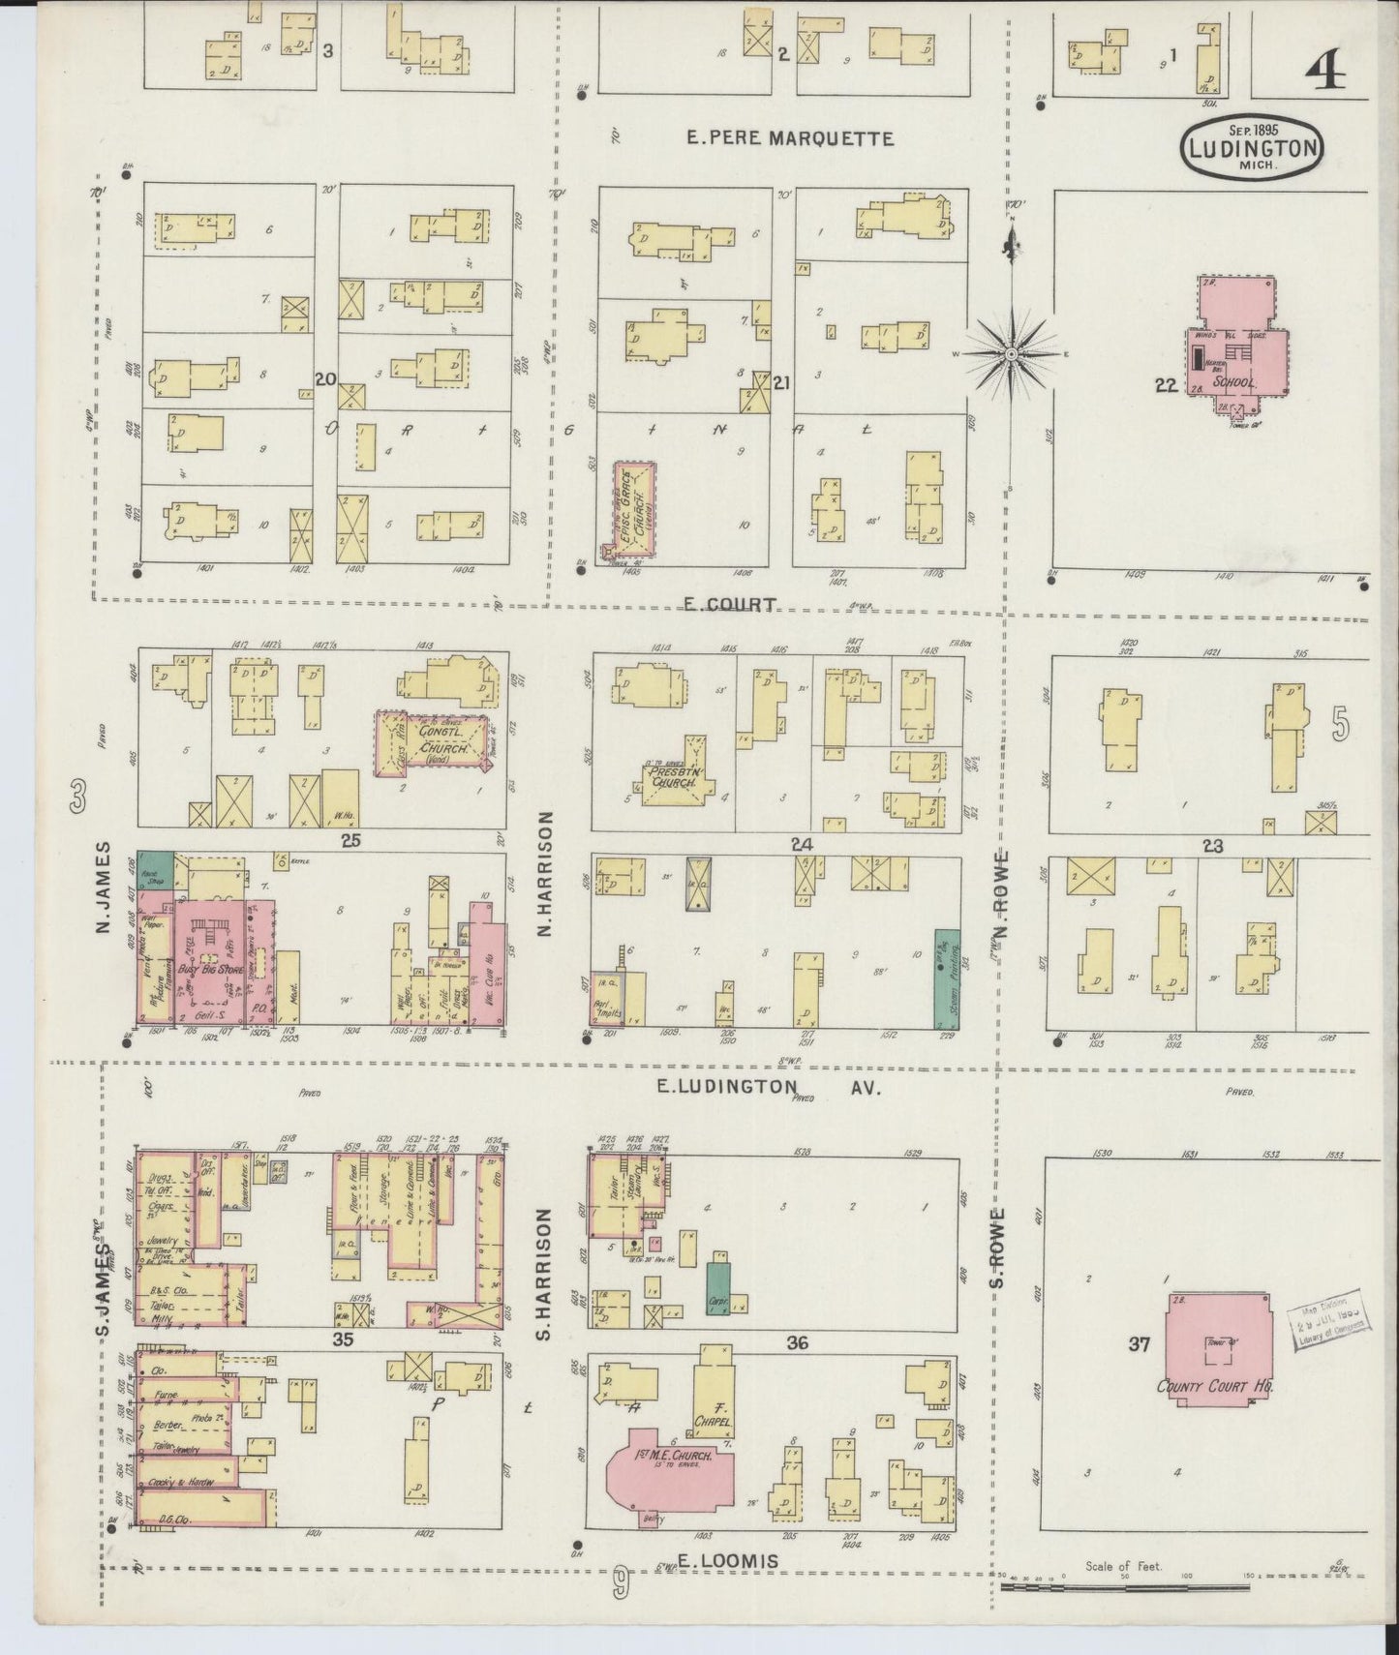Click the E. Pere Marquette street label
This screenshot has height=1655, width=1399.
[x=789, y=138]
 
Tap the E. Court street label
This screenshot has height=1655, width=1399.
[x=729, y=605]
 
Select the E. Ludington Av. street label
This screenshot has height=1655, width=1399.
[x=768, y=1088]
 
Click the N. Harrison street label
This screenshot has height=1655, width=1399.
[x=545, y=873]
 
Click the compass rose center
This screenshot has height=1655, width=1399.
[x=1012, y=355]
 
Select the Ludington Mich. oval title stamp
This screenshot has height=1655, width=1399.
[x=1252, y=148]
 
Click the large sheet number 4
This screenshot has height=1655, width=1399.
[x=1332, y=71]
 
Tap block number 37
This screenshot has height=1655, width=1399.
[x=1140, y=1343]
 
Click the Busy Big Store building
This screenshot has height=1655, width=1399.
[x=222, y=962]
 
